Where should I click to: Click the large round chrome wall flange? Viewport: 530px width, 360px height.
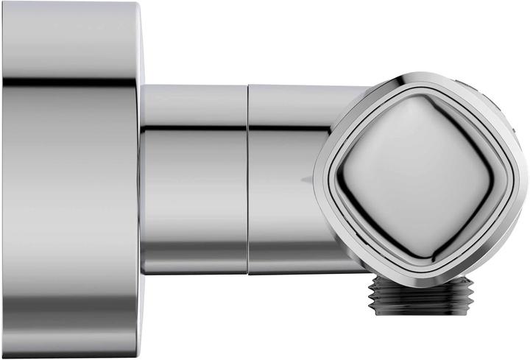click(70, 180)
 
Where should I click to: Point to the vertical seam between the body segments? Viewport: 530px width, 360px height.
click(247, 180)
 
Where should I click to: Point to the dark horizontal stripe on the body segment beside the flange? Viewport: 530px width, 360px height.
click(193, 130)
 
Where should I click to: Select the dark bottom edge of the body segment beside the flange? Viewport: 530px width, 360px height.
click(193, 272)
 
